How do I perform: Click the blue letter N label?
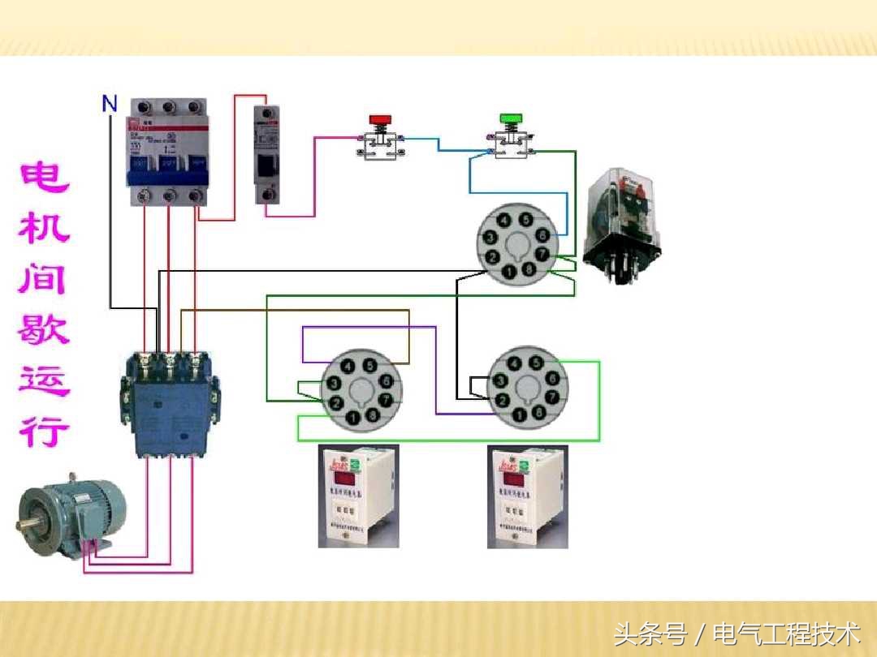(110, 104)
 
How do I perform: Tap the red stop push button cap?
(379, 120)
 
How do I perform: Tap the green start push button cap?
(510, 119)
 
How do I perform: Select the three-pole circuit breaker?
(167, 154)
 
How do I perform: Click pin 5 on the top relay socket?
(526, 220)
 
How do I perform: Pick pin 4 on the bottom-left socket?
(350, 366)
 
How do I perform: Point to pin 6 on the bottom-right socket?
(553, 379)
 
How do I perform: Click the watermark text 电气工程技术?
(786, 632)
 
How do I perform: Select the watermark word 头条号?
(650, 632)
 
